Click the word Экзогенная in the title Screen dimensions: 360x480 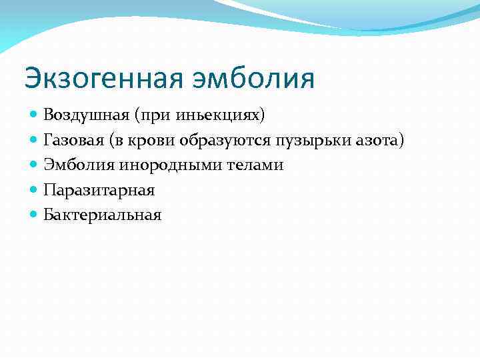tap(100, 77)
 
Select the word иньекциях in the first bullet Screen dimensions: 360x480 tap(229, 115)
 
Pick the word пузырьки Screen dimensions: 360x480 tap(299, 140)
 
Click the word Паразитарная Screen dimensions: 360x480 tap(99, 190)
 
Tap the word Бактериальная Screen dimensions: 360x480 tap(103, 215)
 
